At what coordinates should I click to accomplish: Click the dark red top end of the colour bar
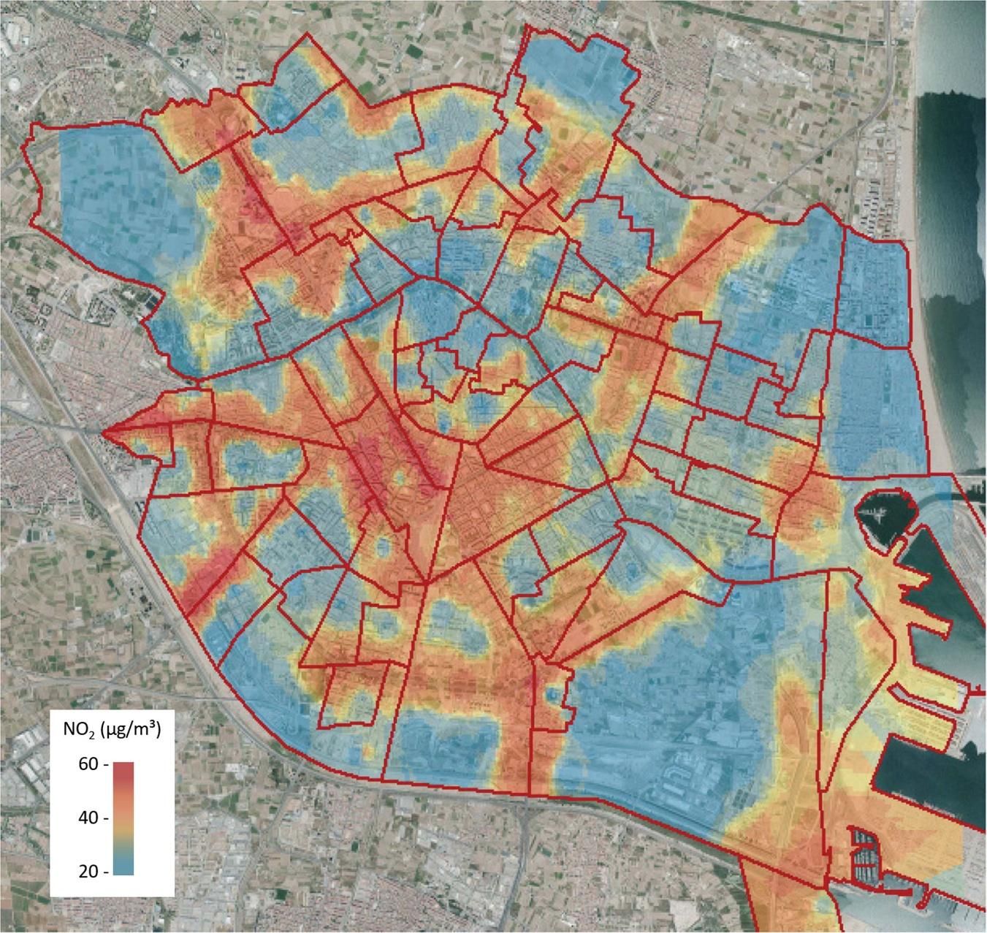[123, 767]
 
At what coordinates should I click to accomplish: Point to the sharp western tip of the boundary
[103, 433]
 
